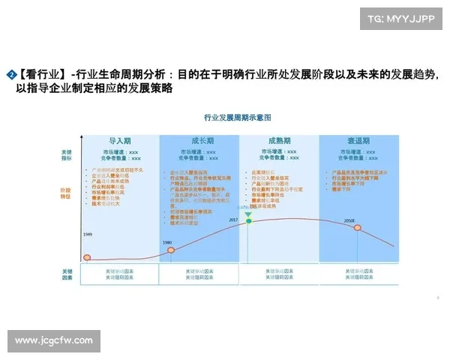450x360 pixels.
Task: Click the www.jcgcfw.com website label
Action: pyautogui.click(x=54, y=340)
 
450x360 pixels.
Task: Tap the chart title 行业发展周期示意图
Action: pyautogui.click(x=237, y=118)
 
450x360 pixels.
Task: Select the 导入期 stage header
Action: pyautogui.click(x=120, y=141)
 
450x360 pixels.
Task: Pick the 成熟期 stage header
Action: pyautogui.click(x=280, y=141)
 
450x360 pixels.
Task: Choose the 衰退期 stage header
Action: pyautogui.click(x=358, y=141)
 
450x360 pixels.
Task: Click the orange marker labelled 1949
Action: pyautogui.click(x=88, y=258)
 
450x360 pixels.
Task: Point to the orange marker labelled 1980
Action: pyautogui.click(x=170, y=249)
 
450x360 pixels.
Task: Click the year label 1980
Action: pyautogui.click(x=167, y=241)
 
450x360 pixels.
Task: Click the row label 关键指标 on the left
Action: pyautogui.click(x=67, y=155)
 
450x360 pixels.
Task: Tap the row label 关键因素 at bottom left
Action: pyautogui.click(x=67, y=274)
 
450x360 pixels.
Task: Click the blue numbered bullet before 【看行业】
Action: pyautogui.click(x=10, y=74)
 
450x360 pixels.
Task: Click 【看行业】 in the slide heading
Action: pyautogui.click(x=41, y=74)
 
